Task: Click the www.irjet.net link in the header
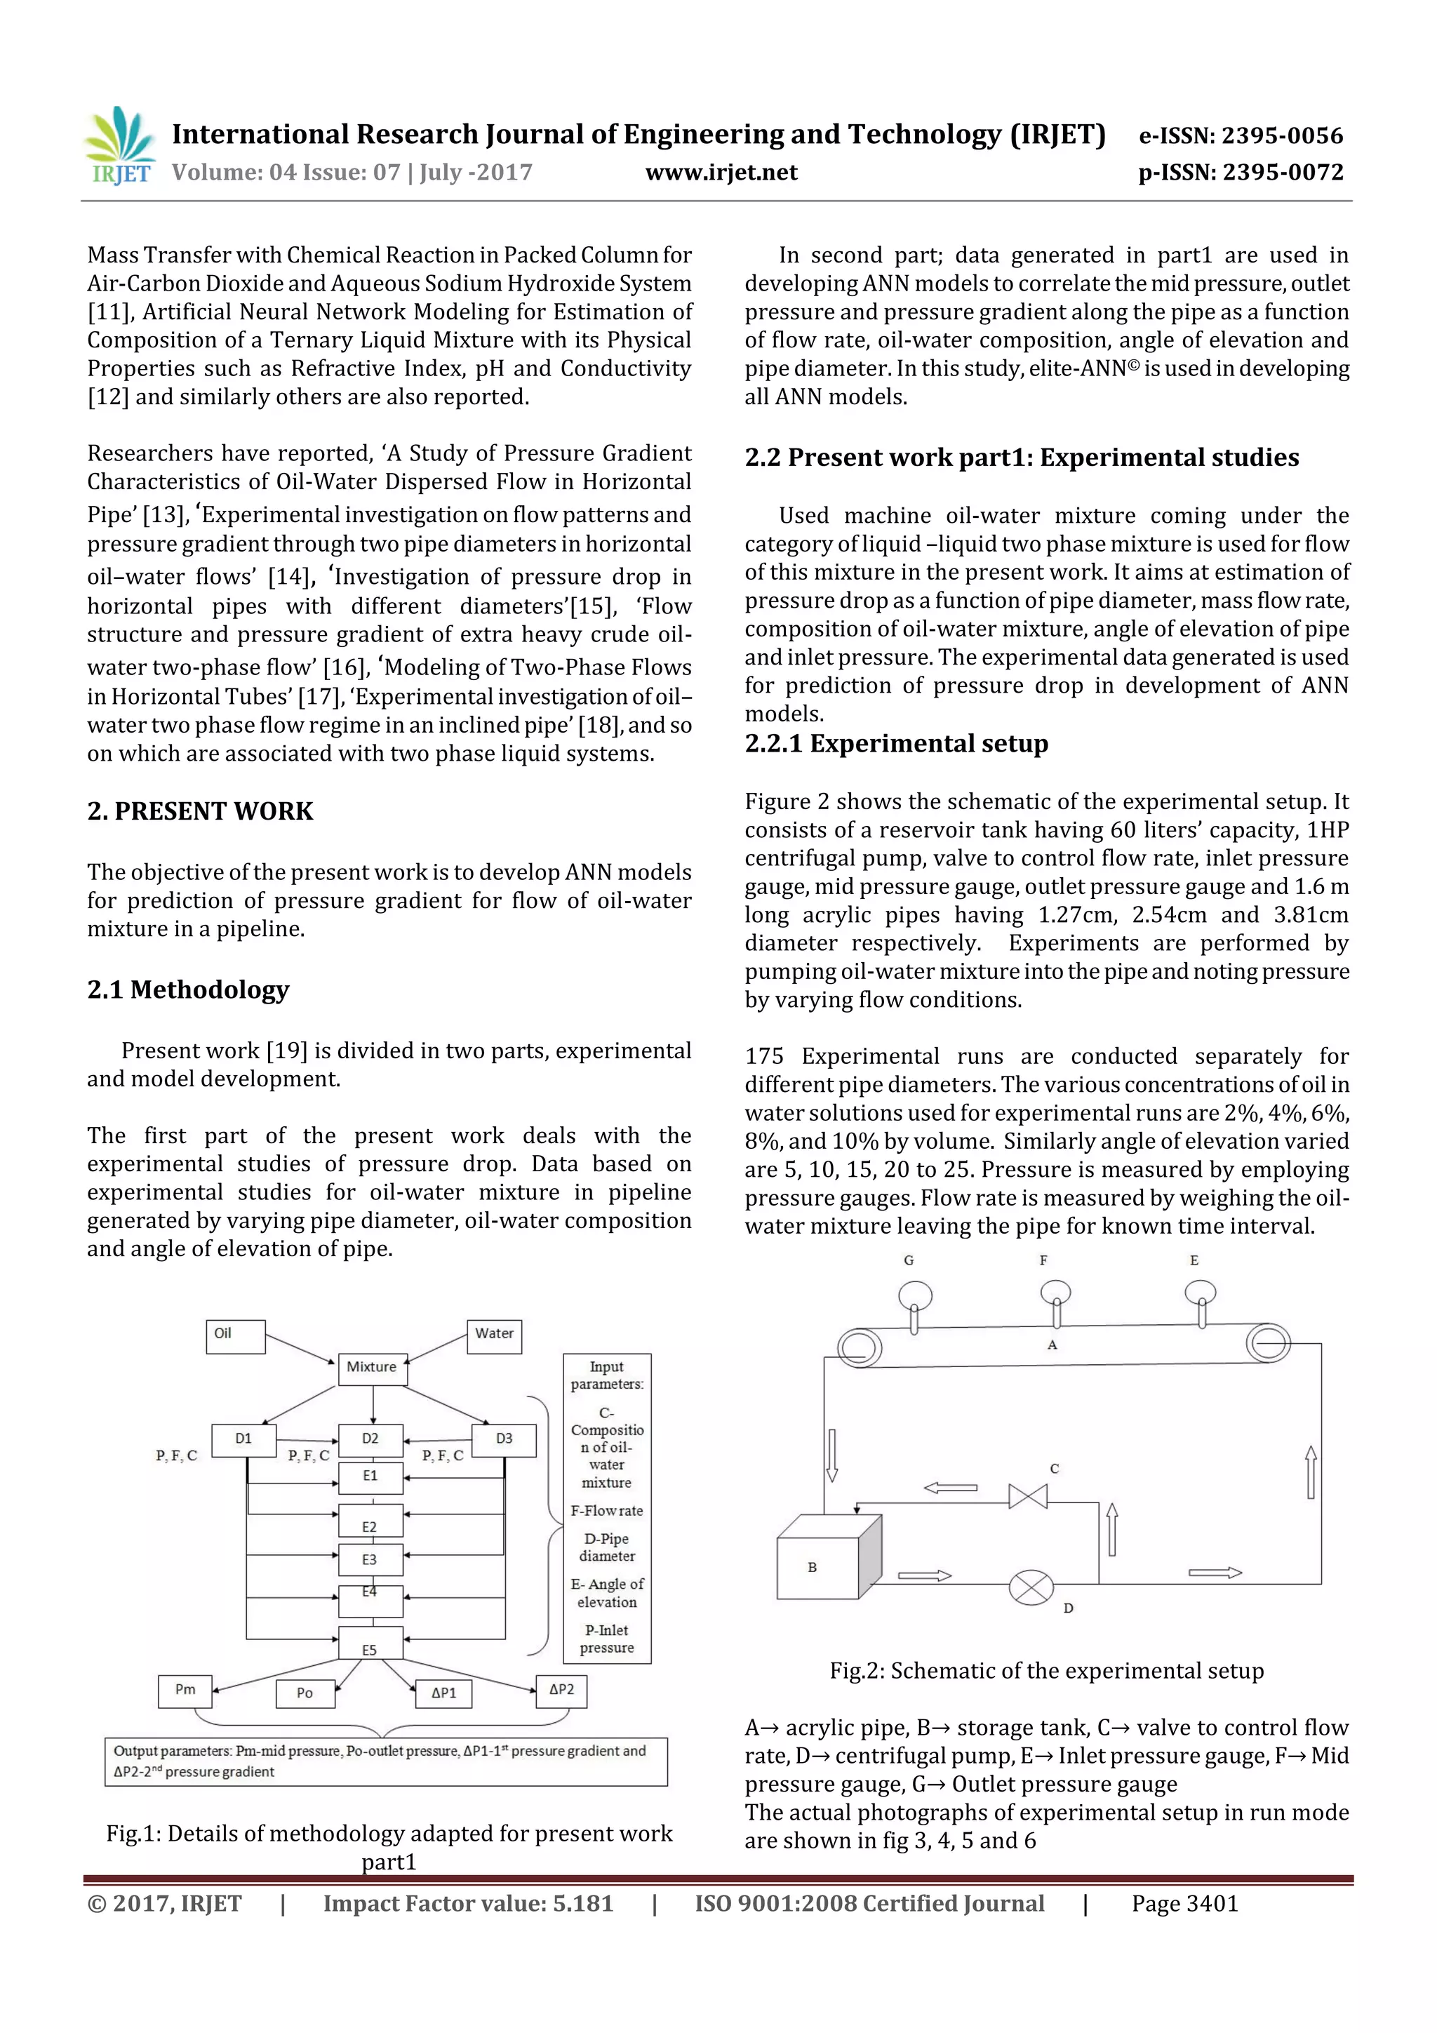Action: pyautogui.click(x=721, y=173)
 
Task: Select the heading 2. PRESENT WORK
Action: pyautogui.click(x=200, y=811)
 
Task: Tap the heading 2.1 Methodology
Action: pyautogui.click(x=188, y=989)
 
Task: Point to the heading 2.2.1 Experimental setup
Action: pyautogui.click(x=896, y=743)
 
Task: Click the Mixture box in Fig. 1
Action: pyautogui.click(x=372, y=1368)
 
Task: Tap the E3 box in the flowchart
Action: pyautogui.click(x=370, y=1559)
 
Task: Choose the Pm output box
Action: pyautogui.click(x=185, y=1691)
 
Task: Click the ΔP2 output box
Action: pyautogui.click(x=561, y=1691)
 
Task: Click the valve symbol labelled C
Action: pyautogui.click(x=1028, y=1496)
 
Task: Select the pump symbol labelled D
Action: pyautogui.click(x=1031, y=1587)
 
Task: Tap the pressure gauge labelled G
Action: pyautogui.click(x=915, y=1296)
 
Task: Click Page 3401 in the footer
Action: pyautogui.click(x=1184, y=1904)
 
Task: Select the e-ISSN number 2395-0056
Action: pyautogui.click(x=1282, y=135)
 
